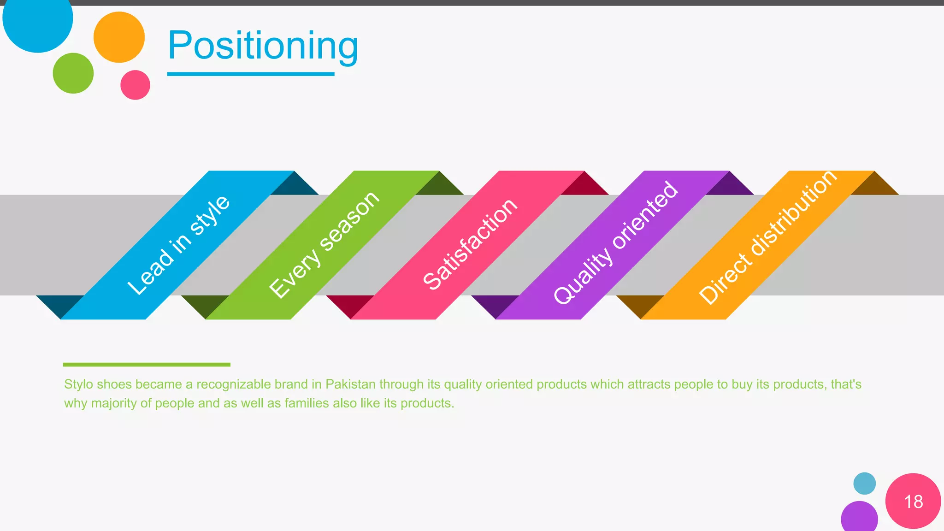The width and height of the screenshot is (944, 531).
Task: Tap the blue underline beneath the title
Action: [x=250, y=74]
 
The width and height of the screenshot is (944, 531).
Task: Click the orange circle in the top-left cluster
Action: [x=119, y=37]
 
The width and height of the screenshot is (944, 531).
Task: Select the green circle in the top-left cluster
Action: [x=73, y=73]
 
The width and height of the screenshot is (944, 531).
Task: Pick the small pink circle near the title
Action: [x=135, y=85]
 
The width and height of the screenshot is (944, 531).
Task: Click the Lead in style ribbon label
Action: [x=178, y=245]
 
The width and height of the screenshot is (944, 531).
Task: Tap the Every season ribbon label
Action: [x=324, y=245]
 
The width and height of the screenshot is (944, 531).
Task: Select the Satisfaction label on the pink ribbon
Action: [x=470, y=245]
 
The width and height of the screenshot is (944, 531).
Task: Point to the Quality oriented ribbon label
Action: [x=615, y=243]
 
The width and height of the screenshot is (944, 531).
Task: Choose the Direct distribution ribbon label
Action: [x=767, y=237]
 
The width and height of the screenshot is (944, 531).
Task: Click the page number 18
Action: [x=913, y=501]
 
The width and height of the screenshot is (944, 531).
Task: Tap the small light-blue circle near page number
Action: [x=864, y=484]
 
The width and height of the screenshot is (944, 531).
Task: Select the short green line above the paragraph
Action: [x=147, y=365]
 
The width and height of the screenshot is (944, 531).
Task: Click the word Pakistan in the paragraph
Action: [x=350, y=384]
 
